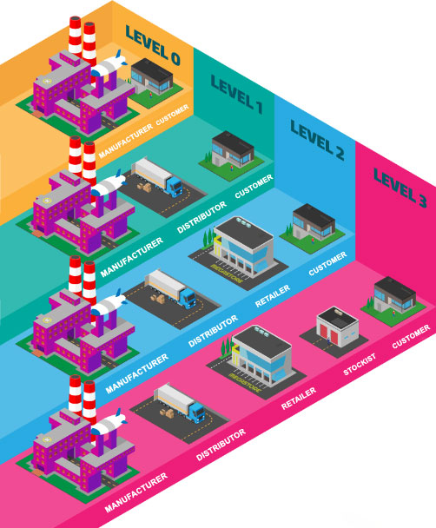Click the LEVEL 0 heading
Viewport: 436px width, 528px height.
click(x=153, y=45)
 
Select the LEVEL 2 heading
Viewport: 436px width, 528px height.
click(x=317, y=140)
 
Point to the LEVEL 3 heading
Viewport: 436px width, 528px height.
click(x=400, y=188)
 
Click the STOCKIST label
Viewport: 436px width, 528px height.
click(x=360, y=365)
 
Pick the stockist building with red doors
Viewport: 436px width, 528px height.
click(x=337, y=327)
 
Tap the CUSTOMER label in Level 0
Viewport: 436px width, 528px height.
click(x=172, y=115)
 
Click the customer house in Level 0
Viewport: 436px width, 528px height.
click(x=152, y=77)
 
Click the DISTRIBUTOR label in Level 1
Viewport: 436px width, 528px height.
click(x=201, y=217)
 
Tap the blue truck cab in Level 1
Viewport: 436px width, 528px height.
click(x=175, y=187)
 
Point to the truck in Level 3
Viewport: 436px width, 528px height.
click(x=180, y=402)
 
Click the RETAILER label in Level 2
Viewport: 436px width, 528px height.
click(x=272, y=296)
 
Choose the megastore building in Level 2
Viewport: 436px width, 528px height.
click(x=243, y=245)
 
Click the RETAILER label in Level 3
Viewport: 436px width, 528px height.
click(x=298, y=399)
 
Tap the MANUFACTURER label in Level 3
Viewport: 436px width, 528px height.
click(x=135, y=492)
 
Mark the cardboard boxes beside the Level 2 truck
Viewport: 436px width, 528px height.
click(x=158, y=299)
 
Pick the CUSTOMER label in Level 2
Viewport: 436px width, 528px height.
click(x=327, y=263)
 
